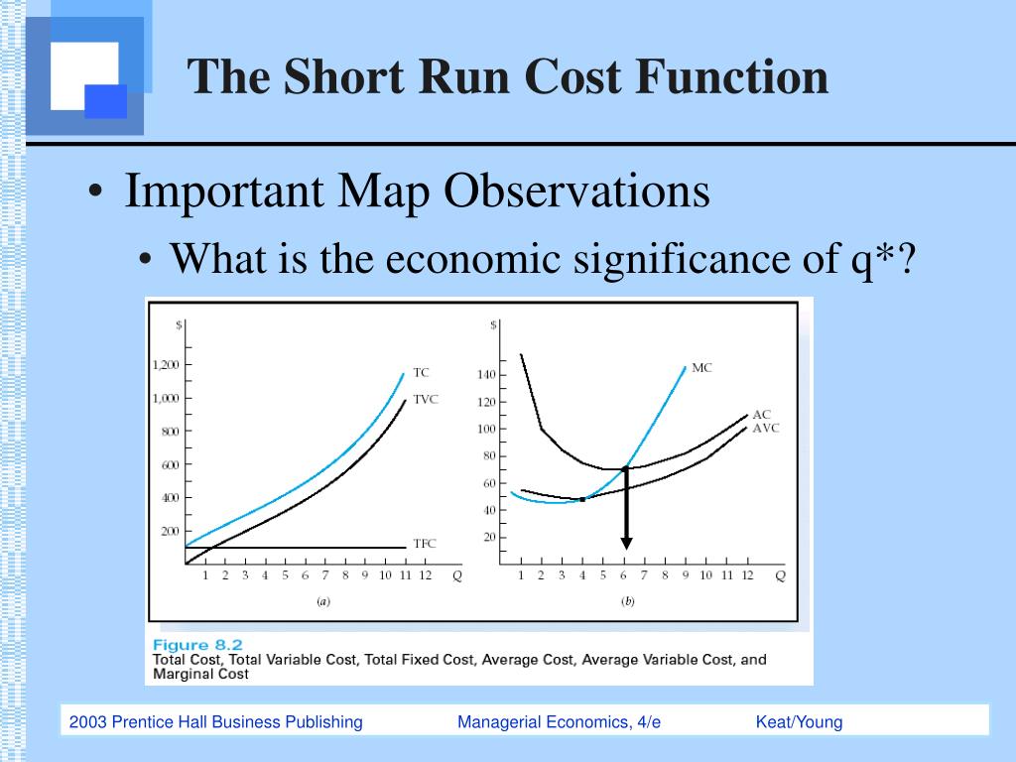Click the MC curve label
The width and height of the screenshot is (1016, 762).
701,368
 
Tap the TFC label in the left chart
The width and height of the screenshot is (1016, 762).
424,544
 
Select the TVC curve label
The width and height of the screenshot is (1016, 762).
425,399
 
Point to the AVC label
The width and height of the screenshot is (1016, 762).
765,429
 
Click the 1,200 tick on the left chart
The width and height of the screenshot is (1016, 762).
166,365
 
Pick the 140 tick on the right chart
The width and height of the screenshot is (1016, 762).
485,375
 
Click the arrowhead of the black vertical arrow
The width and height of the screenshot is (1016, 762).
626,542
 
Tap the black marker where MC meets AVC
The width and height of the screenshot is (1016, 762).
582,499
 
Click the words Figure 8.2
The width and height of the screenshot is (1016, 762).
197,645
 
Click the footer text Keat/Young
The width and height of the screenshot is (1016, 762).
799,722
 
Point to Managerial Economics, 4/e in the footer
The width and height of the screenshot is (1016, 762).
559,722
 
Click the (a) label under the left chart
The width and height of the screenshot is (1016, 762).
322,601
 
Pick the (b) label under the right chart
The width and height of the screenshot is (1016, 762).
628,601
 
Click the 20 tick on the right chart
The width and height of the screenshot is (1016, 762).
487,538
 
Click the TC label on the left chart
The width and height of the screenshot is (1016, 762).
421,373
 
